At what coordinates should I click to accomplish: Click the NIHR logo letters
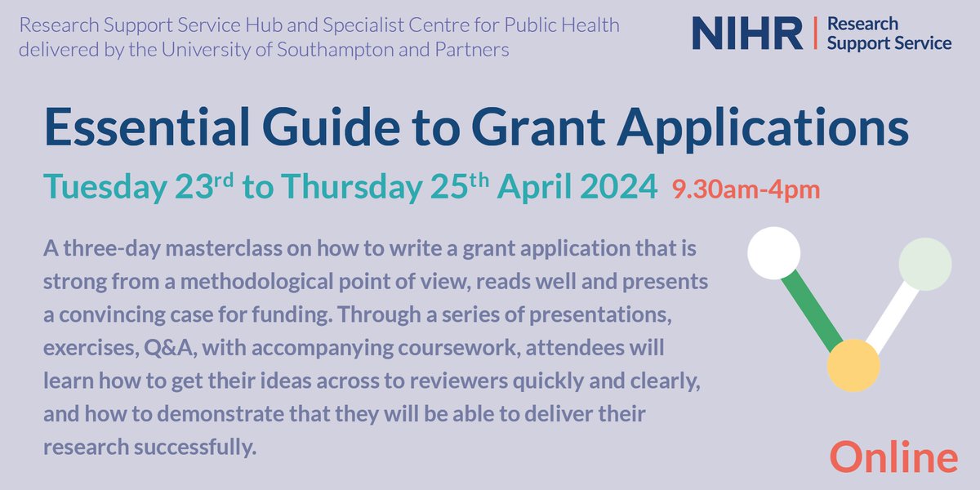(x=747, y=33)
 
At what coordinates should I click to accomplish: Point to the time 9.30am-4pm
(x=746, y=191)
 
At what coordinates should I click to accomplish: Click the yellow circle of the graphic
(x=853, y=365)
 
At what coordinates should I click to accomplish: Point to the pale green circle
(x=924, y=264)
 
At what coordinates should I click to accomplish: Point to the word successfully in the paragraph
(x=207, y=448)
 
